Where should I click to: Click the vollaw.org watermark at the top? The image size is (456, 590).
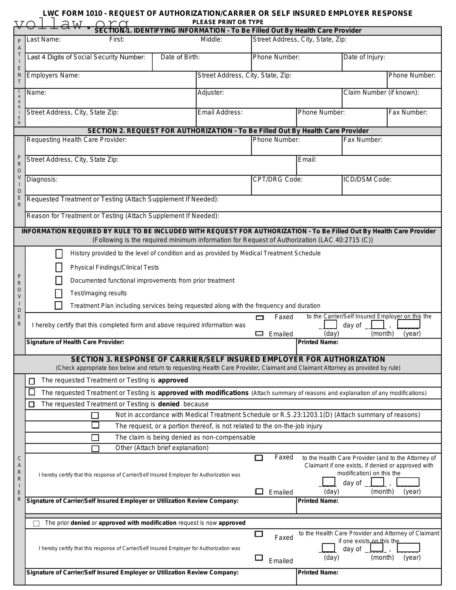71,24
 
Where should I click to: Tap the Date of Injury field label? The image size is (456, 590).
364,57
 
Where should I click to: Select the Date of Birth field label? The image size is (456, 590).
180,57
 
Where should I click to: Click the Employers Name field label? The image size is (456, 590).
53,75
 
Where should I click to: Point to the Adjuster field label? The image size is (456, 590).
211,93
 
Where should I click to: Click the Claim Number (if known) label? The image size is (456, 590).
381,93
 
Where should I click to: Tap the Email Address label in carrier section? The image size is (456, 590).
220,112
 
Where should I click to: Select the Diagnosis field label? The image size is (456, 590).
42,179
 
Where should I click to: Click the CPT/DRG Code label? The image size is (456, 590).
278,179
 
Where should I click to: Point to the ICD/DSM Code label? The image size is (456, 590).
367,179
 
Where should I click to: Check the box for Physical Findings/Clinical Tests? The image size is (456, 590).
59,267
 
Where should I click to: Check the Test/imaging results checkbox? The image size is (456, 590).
59,293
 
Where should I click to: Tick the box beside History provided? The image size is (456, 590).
59,254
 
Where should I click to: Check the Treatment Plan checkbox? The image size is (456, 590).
58,306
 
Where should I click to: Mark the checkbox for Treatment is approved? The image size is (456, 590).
32,381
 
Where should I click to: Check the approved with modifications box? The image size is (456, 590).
32,392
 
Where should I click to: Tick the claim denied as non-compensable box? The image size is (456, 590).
95,437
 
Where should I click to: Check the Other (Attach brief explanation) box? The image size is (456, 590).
95,449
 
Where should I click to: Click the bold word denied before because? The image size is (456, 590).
169,404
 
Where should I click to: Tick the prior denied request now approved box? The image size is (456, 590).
36,523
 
